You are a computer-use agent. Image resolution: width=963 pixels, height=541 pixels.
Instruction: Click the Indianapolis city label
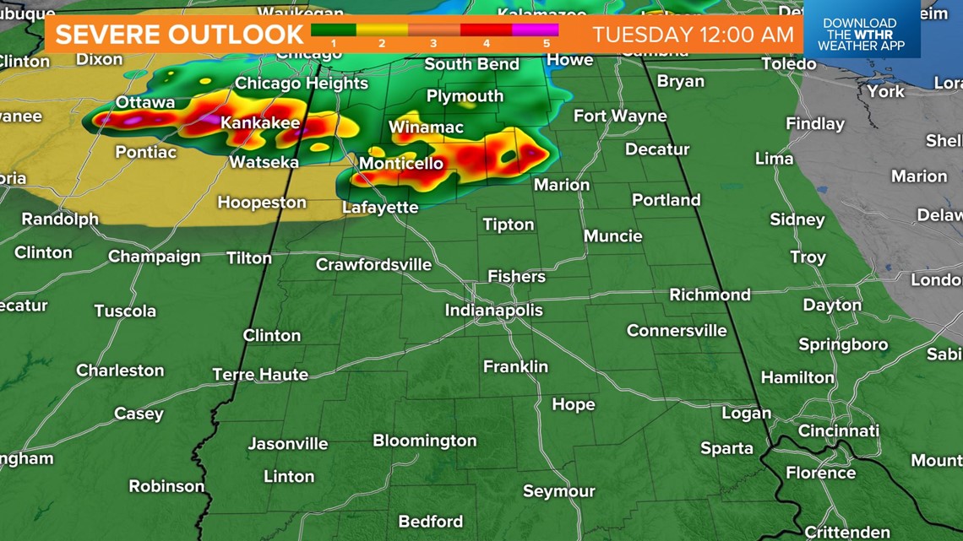click(494, 311)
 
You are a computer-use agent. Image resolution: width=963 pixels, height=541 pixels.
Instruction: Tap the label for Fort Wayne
click(620, 116)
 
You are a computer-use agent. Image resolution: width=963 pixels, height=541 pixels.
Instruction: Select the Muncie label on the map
click(612, 235)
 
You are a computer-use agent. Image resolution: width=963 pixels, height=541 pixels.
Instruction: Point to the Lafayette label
click(380, 207)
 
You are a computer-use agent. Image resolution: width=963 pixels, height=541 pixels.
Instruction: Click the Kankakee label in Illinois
click(260, 123)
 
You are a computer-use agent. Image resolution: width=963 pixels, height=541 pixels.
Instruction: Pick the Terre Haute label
click(260, 374)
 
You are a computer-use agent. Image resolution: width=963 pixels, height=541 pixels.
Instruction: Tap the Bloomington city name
click(425, 441)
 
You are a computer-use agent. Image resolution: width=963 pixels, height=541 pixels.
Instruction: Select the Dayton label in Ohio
click(832, 305)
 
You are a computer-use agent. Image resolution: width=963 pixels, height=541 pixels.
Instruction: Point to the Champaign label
click(155, 257)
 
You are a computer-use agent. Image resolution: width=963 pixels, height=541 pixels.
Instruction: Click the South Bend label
click(471, 64)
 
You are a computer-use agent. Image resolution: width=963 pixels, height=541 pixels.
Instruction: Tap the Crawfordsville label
click(373, 265)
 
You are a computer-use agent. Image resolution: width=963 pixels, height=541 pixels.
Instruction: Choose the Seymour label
click(558, 491)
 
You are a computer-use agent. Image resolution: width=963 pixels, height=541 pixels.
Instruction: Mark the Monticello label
click(401, 163)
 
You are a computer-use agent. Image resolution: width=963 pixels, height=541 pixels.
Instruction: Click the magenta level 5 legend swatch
click(536, 30)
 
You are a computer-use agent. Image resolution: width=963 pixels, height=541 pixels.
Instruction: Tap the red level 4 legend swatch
click(486, 30)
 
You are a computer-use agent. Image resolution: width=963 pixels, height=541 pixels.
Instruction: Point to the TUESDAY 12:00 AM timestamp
click(693, 35)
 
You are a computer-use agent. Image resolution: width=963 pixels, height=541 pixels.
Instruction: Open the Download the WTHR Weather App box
click(859, 35)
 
